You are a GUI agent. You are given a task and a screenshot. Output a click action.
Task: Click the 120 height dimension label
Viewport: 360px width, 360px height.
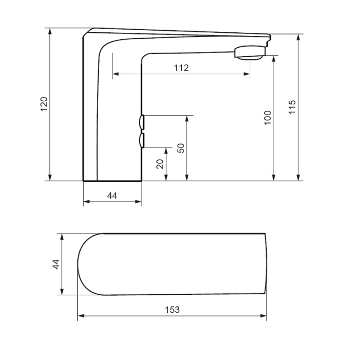[44, 104]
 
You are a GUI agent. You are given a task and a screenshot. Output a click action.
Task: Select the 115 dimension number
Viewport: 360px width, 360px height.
[292, 107]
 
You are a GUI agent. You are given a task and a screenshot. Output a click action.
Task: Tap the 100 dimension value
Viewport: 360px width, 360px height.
[268, 118]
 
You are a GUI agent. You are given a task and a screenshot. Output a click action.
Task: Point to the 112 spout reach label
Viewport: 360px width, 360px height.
[181, 68]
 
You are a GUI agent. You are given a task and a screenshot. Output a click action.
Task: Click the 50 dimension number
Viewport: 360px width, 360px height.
[181, 148]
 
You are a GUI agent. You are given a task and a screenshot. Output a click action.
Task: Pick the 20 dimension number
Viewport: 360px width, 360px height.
[160, 164]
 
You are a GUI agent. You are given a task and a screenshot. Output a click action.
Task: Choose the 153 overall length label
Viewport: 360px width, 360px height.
[172, 310]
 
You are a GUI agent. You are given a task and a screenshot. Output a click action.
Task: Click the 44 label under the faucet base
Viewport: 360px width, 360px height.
[112, 196]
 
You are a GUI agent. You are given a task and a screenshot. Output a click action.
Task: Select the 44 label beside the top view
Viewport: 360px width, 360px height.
[56, 264]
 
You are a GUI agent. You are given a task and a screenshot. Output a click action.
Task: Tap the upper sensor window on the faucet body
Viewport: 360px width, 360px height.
[142, 122]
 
